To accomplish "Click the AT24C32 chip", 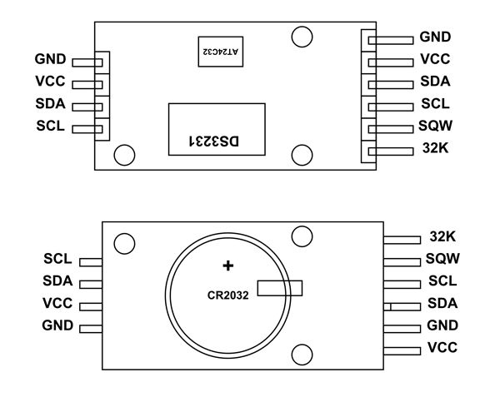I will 219,52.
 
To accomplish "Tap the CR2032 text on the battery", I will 229,295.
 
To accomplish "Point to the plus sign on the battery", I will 227,266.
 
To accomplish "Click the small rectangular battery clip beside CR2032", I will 280,288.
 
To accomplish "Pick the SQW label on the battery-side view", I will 442,259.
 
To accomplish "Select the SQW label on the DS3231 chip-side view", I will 434,128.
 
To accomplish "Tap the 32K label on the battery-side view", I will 442,236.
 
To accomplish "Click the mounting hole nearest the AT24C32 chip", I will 302,37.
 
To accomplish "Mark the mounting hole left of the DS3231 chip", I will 124,154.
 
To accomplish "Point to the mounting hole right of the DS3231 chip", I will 302,154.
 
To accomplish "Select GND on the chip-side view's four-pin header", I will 51,60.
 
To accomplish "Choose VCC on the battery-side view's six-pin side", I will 442,347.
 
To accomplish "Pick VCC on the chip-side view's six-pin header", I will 435,61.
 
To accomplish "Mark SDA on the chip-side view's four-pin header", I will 51,105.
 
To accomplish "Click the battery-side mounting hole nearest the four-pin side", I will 124,243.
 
